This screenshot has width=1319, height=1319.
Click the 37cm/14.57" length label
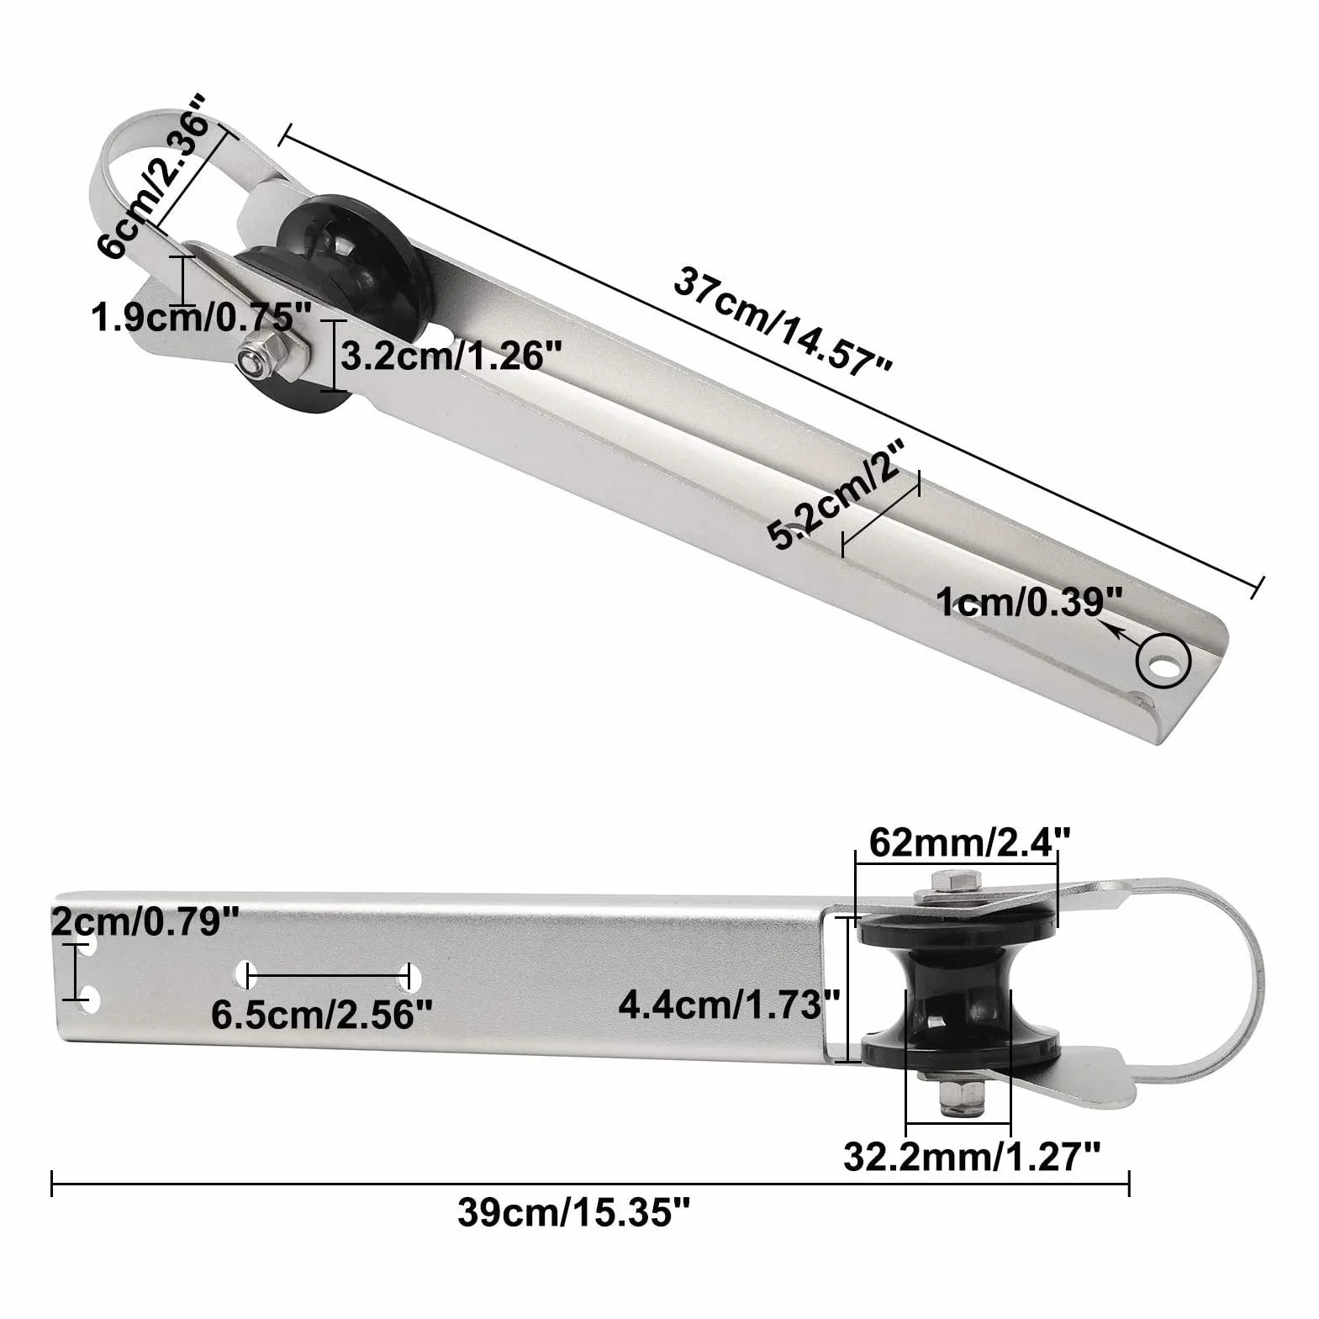(783, 320)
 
